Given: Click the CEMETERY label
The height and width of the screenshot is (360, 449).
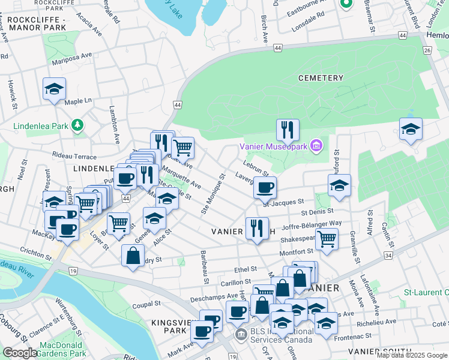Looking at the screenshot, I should pyautogui.click(x=321, y=78).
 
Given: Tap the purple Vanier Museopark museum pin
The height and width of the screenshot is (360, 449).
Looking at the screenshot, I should pyautogui.click(x=316, y=146).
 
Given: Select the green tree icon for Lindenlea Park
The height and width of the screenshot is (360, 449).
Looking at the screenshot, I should pyautogui.click(x=77, y=125).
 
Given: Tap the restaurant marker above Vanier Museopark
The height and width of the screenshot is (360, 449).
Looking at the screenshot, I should pyautogui.click(x=288, y=130).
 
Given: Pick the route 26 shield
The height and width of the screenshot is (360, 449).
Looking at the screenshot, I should pyautogui.click(x=427, y=50).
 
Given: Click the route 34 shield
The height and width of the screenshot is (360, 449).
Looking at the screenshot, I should pyautogui.click(x=389, y=256).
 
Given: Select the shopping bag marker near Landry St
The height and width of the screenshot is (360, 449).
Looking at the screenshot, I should pyautogui.click(x=132, y=256).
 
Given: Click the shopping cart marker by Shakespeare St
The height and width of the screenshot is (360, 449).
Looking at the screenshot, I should pyautogui.click(x=327, y=239).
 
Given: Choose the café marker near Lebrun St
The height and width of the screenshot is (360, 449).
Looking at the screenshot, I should pyautogui.click(x=264, y=187).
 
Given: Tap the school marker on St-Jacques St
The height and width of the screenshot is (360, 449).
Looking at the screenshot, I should pyautogui.click(x=339, y=185).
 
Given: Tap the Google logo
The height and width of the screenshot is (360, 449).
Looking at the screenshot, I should pyautogui.click(x=20, y=353).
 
